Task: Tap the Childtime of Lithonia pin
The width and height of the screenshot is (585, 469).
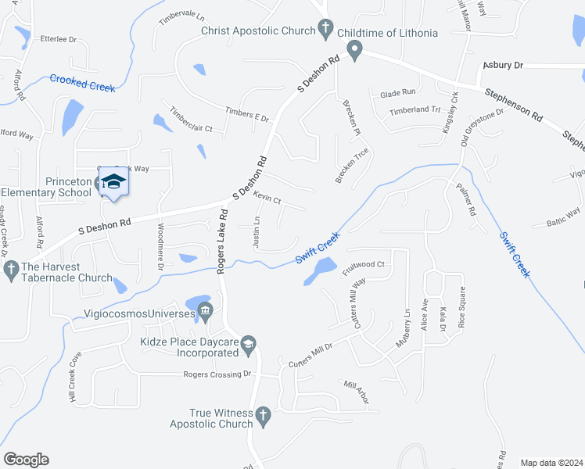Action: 354,51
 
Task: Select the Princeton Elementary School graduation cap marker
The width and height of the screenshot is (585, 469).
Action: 113,181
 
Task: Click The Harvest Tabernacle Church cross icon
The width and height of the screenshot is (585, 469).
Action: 11,270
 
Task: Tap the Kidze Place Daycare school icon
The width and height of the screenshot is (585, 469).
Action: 248,342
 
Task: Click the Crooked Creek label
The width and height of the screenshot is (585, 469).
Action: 82,82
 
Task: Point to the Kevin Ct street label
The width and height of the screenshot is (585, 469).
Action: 267,200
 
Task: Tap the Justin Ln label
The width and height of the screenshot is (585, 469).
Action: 257,232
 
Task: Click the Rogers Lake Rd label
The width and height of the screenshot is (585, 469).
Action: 223,242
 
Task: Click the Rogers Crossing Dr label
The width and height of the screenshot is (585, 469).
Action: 217,374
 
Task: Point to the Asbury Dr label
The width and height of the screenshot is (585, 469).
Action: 502,66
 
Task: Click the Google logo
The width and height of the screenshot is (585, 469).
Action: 27,460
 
